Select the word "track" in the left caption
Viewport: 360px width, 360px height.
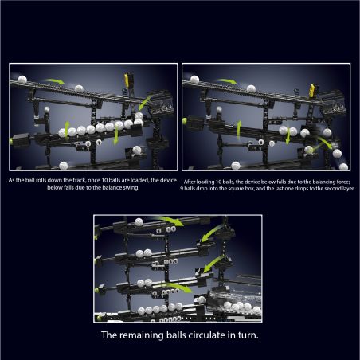[x=79, y=180]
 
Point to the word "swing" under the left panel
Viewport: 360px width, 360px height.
[x=131, y=187]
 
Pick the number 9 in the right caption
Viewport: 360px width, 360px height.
[x=182, y=189]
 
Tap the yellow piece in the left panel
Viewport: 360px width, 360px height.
[x=127, y=80]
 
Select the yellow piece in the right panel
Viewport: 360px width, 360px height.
[x=312, y=90]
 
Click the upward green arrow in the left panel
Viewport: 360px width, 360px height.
[x=67, y=129]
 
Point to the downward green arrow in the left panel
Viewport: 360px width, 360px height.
[x=115, y=135]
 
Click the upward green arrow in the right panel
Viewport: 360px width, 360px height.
[x=239, y=131]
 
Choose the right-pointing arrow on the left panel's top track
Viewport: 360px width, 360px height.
[x=54, y=81]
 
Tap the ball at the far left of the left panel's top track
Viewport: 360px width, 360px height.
[x=22, y=80]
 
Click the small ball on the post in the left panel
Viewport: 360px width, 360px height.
[x=47, y=109]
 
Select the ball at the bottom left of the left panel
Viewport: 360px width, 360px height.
[x=64, y=166]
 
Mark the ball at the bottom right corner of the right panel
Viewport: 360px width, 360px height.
[x=343, y=166]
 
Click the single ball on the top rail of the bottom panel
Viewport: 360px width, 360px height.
[x=139, y=222]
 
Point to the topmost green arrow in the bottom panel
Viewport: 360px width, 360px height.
[x=170, y=221]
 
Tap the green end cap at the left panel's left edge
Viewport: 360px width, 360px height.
[x=11, y=141]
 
